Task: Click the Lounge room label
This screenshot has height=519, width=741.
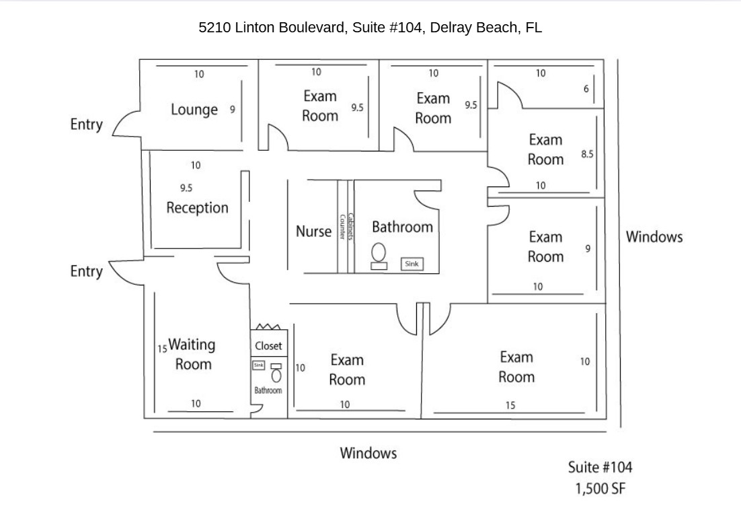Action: (x=194, y=110)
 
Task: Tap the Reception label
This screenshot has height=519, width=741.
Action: (x=197, y=207)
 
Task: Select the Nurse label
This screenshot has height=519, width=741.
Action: (x=313, y=232)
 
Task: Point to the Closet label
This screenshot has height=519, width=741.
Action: (x=268, y=346)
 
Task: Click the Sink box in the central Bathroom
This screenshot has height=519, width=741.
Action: (x=412, y=264)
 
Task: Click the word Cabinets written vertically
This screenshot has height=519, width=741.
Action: (x=351, y=228)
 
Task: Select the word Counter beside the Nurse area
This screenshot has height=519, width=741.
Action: (x=342, y=228)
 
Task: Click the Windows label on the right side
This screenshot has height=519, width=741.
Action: (x=654, y=237)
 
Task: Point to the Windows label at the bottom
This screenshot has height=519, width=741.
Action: (x=368, y=453)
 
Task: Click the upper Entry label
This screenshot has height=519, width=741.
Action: (x=86, y=125)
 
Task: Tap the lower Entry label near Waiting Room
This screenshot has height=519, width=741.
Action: (x=86, y=271)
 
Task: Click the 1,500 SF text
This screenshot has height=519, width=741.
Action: (x=600, y=488)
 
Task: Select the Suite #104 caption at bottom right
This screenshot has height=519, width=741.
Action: (x=600, y=467)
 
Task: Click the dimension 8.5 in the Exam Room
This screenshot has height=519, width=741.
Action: (x=587, y=154)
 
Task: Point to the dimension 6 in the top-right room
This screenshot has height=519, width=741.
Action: (x=586, y=89)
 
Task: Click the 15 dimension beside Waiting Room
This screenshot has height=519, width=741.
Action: (x=162, y=349)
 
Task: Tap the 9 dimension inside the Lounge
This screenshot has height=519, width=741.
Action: (x=233, y=109)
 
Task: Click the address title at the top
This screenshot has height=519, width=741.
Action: (x=370, y=28)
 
